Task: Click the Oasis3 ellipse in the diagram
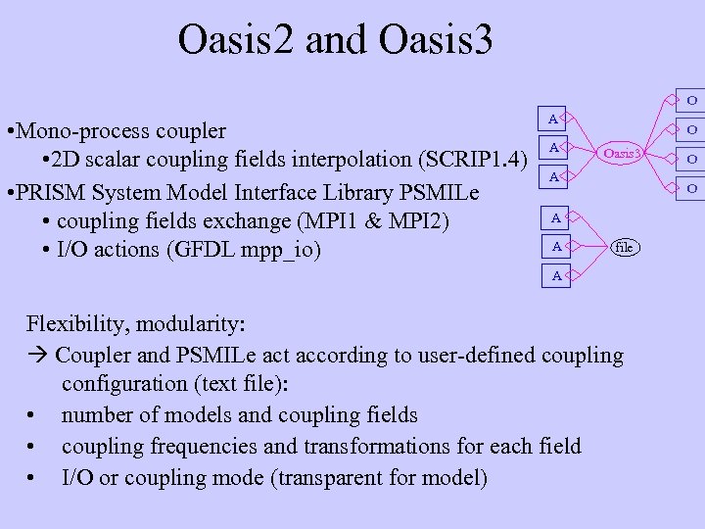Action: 622,153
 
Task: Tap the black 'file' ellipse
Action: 624,248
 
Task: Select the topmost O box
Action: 691,100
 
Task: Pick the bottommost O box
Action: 691,187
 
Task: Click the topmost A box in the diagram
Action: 552,120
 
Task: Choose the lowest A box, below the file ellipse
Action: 556,276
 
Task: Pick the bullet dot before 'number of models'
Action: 33,415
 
